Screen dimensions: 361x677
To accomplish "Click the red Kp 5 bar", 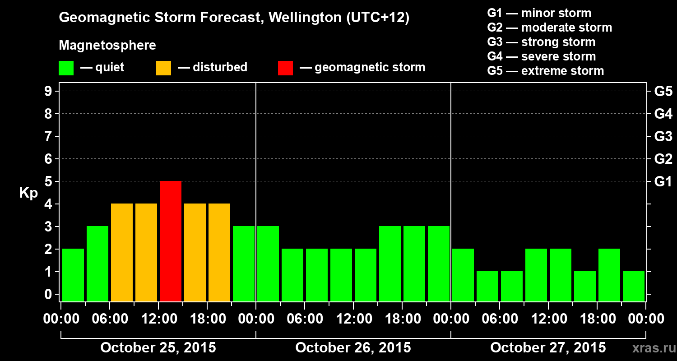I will coord(171,241).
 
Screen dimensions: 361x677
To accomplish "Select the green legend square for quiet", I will coord(66,68).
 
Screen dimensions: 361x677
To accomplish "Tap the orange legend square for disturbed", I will coord(163,68).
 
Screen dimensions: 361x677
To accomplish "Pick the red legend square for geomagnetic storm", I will coord(285,68).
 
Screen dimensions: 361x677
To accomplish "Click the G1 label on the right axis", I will coord(663,181).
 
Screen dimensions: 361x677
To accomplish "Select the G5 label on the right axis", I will coord(663,91).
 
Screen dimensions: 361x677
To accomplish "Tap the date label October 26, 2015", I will coord(353,347).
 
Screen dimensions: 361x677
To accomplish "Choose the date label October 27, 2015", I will coord(548,347).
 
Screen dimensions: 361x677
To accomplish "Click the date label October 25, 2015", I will coord(158,347).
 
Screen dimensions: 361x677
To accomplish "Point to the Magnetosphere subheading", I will coord(107,46).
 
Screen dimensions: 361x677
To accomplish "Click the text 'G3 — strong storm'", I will coord(541,42).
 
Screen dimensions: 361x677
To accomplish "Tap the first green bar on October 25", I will coord(73,274).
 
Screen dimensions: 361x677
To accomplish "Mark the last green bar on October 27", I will coord(634,286).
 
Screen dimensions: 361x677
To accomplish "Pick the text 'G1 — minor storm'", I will coord(539,13).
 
